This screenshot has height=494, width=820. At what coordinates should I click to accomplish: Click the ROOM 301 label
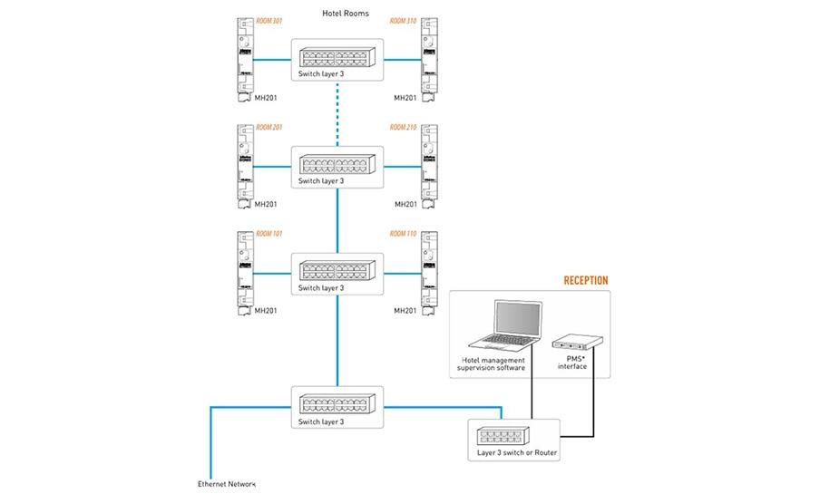pyautogui.click(x=270, y=20)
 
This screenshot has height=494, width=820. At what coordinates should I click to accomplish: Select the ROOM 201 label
pyautogui.click(x=270, y=127)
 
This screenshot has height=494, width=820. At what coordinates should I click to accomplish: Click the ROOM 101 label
pyautogui.click(x=270, y=234)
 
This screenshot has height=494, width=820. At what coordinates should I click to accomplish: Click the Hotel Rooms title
pyautogui.click(x=346, y=14)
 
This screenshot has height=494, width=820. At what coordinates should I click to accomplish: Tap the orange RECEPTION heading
pyautogui.click(x=586, y=281)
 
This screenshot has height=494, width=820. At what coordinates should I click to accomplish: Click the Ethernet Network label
pyautogui.click(x=228, y=483)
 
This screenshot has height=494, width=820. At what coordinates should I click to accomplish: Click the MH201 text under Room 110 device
pyautogui.click(x=405, y=311)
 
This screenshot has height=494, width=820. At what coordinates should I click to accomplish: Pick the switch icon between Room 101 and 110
pyautogui.click(x=337, y=270)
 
